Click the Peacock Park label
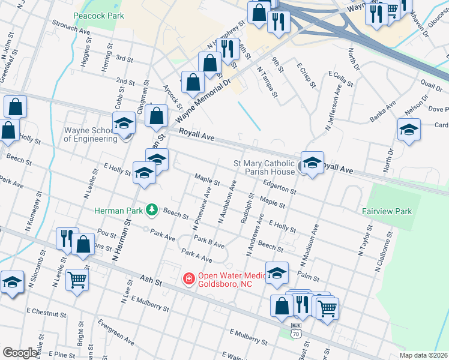click(98, 16)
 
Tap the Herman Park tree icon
click(152, 209)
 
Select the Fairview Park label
click(387, 211)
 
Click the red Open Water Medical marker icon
click(188, 279)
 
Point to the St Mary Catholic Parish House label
click(264, 167)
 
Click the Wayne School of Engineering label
click(91, 134)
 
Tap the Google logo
click(20, 353)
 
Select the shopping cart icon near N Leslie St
click(77, 278)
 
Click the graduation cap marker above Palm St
click(277, 272)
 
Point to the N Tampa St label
click(267, 82)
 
